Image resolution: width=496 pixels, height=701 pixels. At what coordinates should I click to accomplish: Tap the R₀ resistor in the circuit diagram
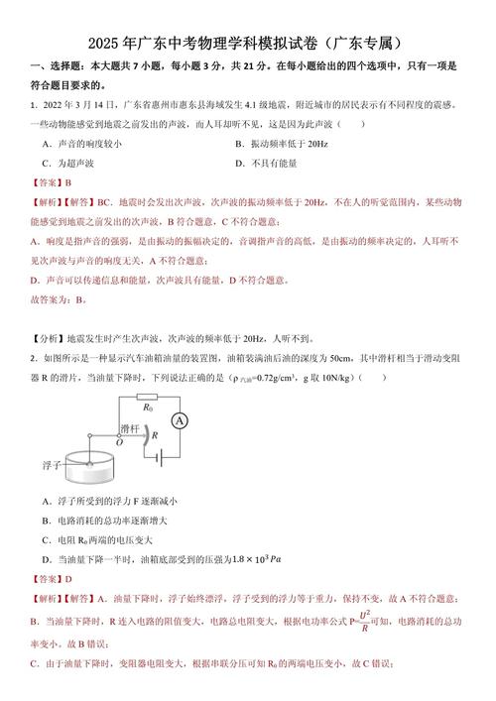click(x=150, y=407)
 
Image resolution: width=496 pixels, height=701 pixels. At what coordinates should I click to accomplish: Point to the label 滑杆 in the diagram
click(x=129, y=428)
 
